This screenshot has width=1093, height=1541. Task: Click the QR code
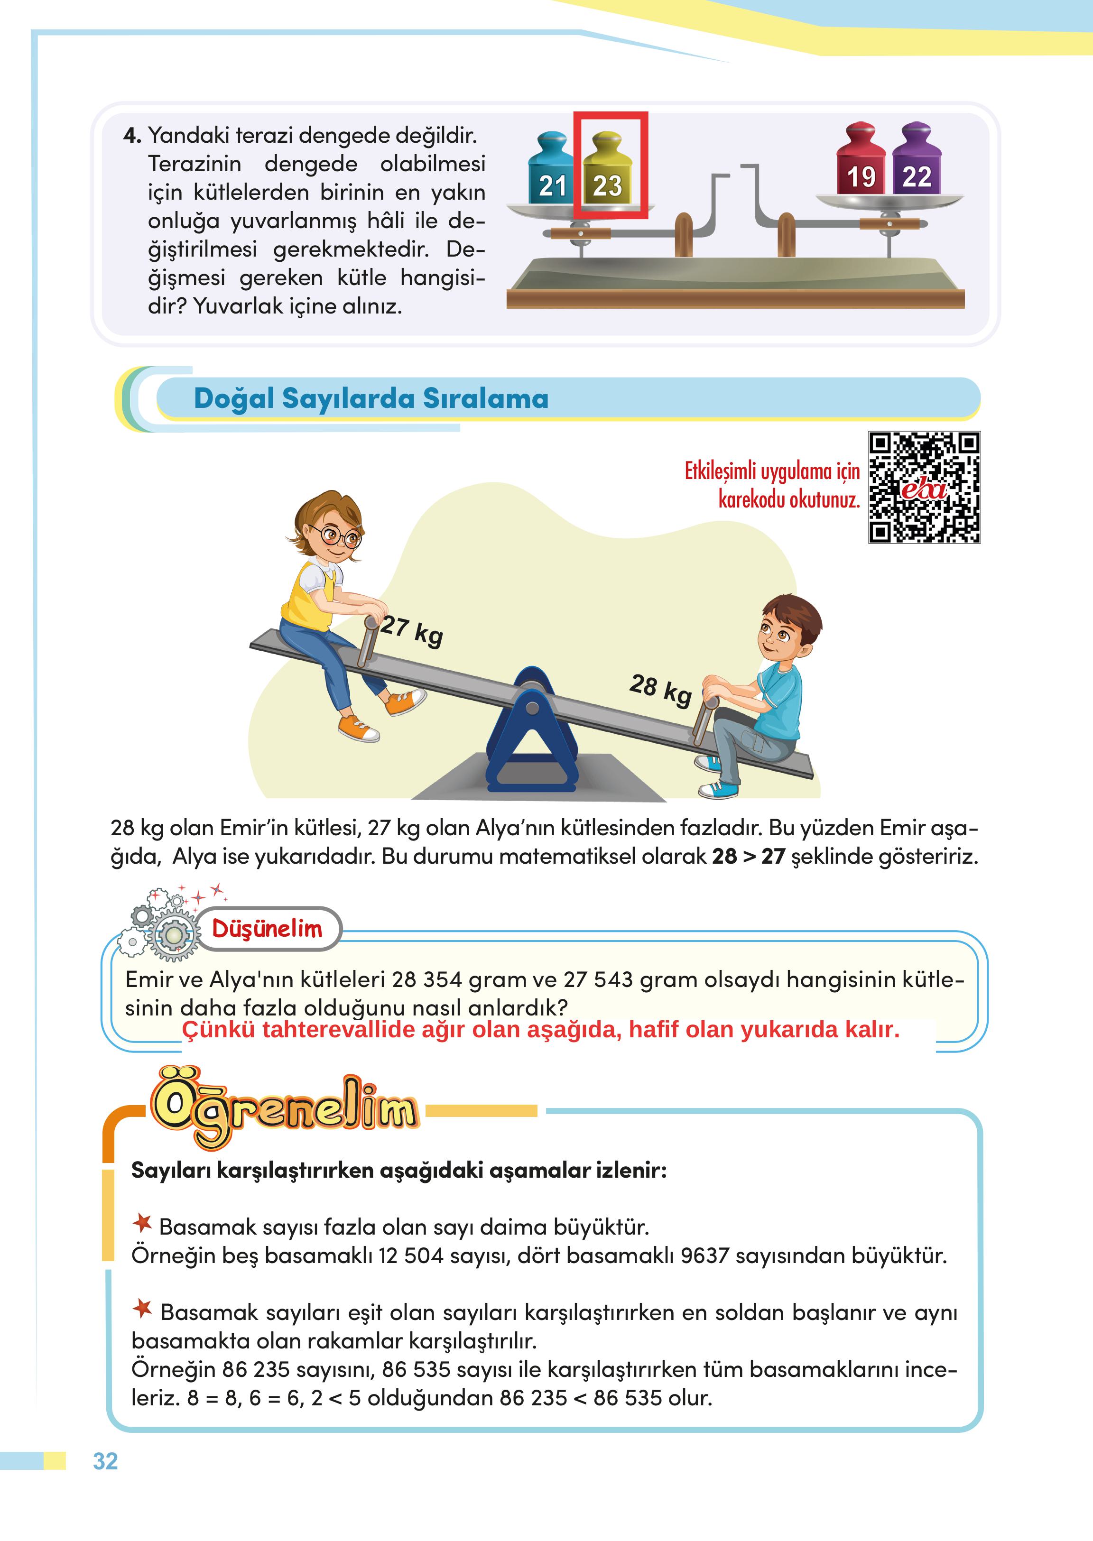tap(924, 487)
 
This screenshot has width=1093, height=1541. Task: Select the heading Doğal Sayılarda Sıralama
tap(371, 398)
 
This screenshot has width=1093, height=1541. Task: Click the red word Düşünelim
tap(267, 929)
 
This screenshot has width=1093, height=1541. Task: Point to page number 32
tap(106, 1461)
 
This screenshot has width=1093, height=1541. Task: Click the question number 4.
tap(131, 136)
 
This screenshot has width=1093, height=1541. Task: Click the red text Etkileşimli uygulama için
tap(772, 471)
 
